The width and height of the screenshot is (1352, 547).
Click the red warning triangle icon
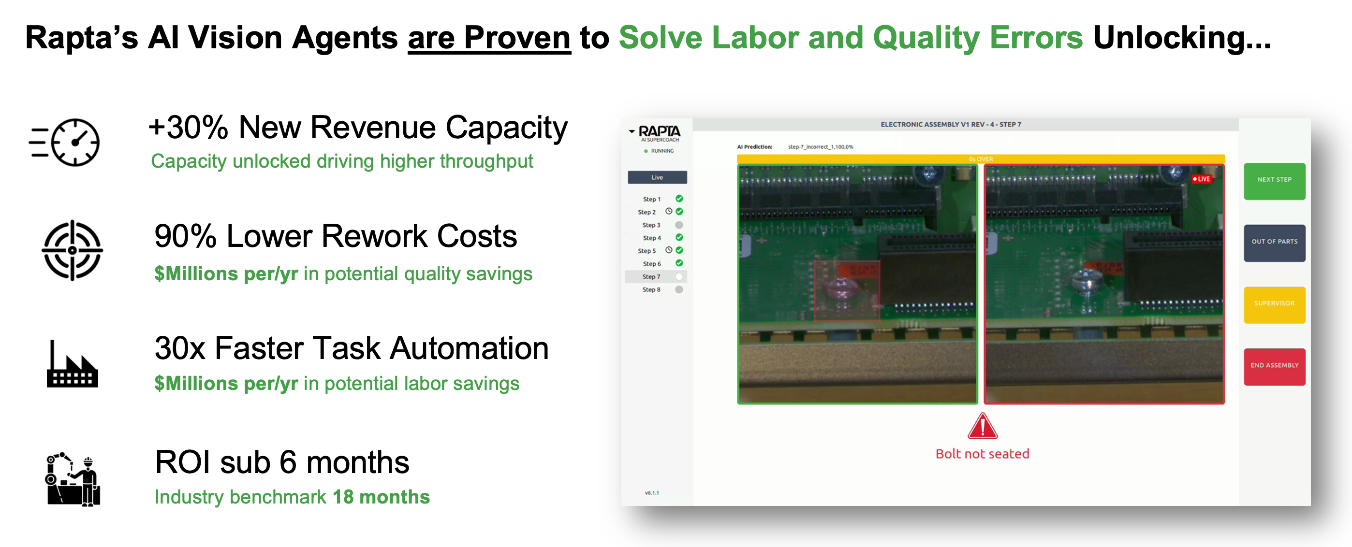pyautogui.click(x=982, y=426)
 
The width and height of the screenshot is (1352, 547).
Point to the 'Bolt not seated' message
pyautogui.click(x=982, y=454)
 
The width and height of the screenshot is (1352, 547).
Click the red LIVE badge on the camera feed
pyautogui.click(x=1201, y=179)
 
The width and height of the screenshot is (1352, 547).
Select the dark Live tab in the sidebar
pyautogui.click(x=657, y=177)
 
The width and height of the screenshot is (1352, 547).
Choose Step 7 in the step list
pyautogui.click(x=651, y=276)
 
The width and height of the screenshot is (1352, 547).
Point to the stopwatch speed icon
pyautogui.click(x=65, y=142)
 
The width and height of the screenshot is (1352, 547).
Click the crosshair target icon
pyautogui.click(x=73, y=250)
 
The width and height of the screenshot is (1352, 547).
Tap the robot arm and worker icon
pyautogui.click(x=73, y=479)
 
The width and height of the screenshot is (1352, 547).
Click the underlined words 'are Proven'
pyautogui.click(x=489, y=38)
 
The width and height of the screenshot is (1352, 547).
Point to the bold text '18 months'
pyautogui.click(x=381, y=497)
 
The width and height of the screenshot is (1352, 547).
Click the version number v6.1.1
pyautogui.click(x=652, y=493)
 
